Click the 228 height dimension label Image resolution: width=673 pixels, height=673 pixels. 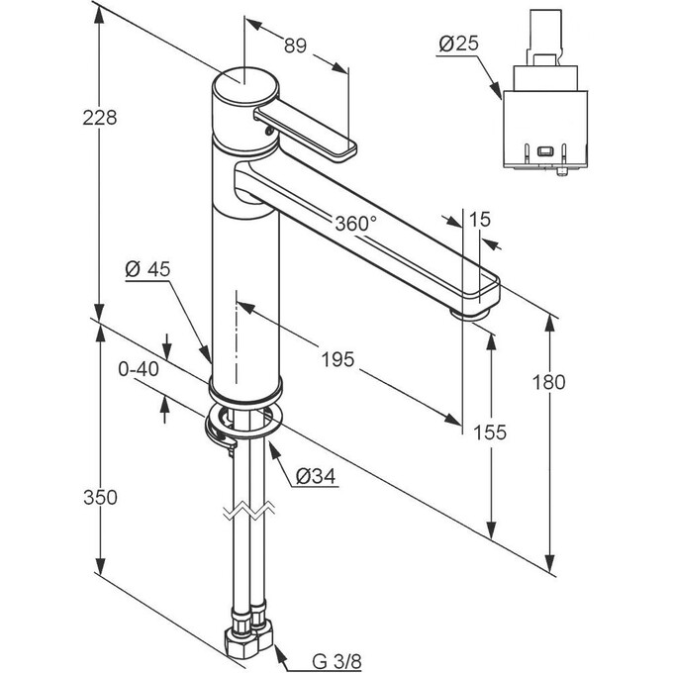(x=101, y=118)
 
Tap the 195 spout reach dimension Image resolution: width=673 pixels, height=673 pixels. (x=338, y=361)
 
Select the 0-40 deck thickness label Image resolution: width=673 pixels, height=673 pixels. (x=138, y=369)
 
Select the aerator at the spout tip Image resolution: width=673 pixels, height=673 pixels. (x=471, y=314)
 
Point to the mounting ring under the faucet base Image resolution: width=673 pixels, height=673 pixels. (x=243, y=422)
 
